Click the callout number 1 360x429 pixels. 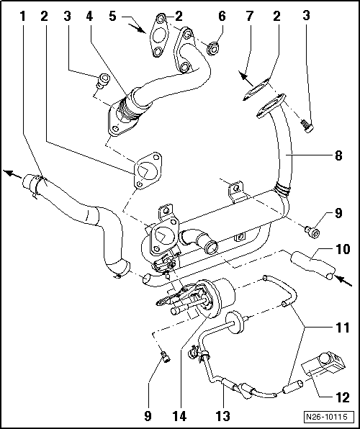tap(25, 15)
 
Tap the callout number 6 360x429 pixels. tap(222, 15)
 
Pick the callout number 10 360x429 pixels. tap(342, 250)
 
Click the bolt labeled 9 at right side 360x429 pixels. tap(311, 230)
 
